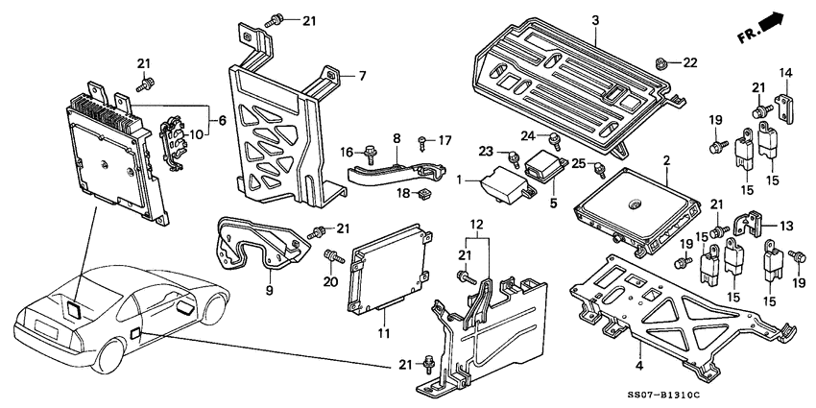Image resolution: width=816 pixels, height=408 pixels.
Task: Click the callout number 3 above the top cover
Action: click(595, 20)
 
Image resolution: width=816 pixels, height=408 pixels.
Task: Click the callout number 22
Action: click(690, 62)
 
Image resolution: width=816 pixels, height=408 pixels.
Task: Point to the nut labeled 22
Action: click(661, 63)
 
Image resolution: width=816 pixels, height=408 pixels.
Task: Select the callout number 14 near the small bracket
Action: click(785, 72)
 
